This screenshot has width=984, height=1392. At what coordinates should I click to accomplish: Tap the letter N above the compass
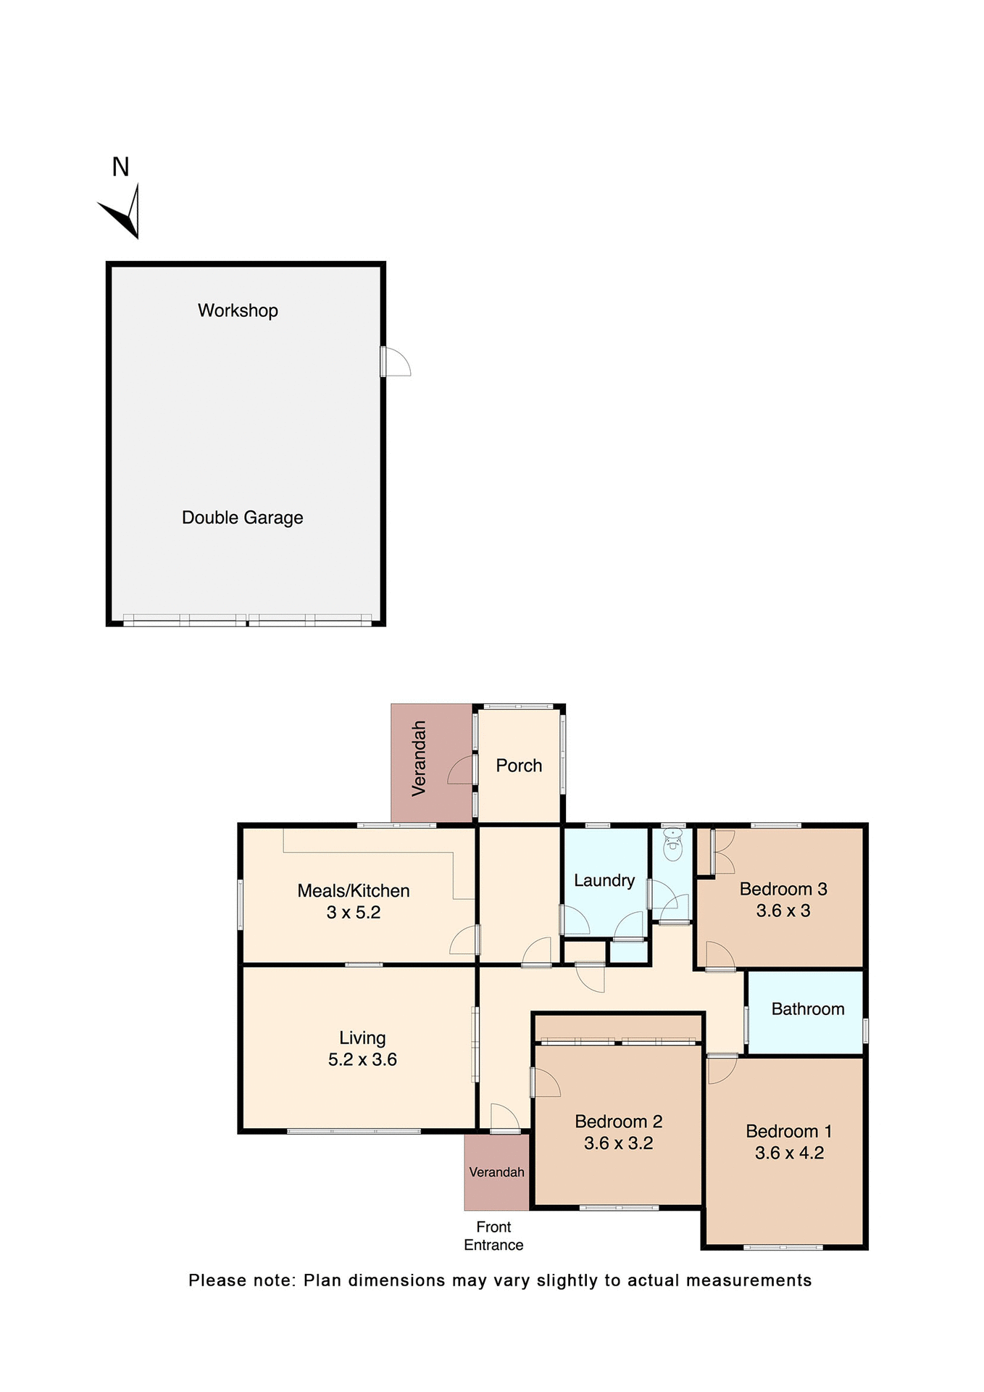(120, 167)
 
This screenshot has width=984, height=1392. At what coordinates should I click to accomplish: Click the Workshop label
(238, 310)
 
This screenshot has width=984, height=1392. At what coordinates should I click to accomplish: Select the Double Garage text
(242, 518)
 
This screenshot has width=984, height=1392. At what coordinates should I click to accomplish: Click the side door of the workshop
(396, 361)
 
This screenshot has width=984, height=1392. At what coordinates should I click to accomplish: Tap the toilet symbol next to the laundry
(673, 845)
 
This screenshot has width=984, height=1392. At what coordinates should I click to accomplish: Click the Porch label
(519, 766)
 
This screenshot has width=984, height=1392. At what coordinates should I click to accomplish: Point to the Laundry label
(604, 880)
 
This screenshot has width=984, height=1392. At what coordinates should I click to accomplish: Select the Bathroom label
(808, 1009)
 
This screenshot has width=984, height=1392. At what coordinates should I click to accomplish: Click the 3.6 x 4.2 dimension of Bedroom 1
(789, 1153)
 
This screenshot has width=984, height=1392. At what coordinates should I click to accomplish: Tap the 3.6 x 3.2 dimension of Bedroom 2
(618, 1143)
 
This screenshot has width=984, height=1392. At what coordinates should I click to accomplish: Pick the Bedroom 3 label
(783, 889)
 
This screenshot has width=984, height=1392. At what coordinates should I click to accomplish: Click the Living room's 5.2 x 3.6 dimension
(362, 1059)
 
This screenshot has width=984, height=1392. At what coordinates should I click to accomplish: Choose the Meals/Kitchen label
(354, 890)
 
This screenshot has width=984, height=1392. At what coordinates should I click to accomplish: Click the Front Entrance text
(493, 1235)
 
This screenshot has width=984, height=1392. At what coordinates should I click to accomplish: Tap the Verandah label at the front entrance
(496, 1172)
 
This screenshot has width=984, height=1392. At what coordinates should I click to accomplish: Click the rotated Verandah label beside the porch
(419, 759)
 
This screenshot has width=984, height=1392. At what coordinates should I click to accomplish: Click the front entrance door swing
(504, 1117)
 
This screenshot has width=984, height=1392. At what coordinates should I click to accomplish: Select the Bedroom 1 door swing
(721, 1069)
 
